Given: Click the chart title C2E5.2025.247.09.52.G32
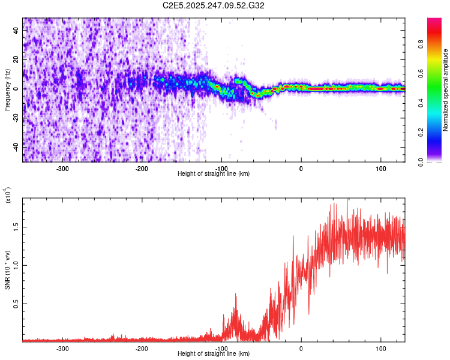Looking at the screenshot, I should coord(214,5).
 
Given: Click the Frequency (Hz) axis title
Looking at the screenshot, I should coord(7,89).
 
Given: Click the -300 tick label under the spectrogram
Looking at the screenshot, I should coord(62,169).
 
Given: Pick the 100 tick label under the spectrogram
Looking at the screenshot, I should coord(380,169).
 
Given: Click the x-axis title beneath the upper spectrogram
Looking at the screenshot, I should coord(214,174).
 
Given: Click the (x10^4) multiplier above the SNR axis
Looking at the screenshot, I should coord(7,196).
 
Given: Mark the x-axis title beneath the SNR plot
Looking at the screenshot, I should coord(214,354).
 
